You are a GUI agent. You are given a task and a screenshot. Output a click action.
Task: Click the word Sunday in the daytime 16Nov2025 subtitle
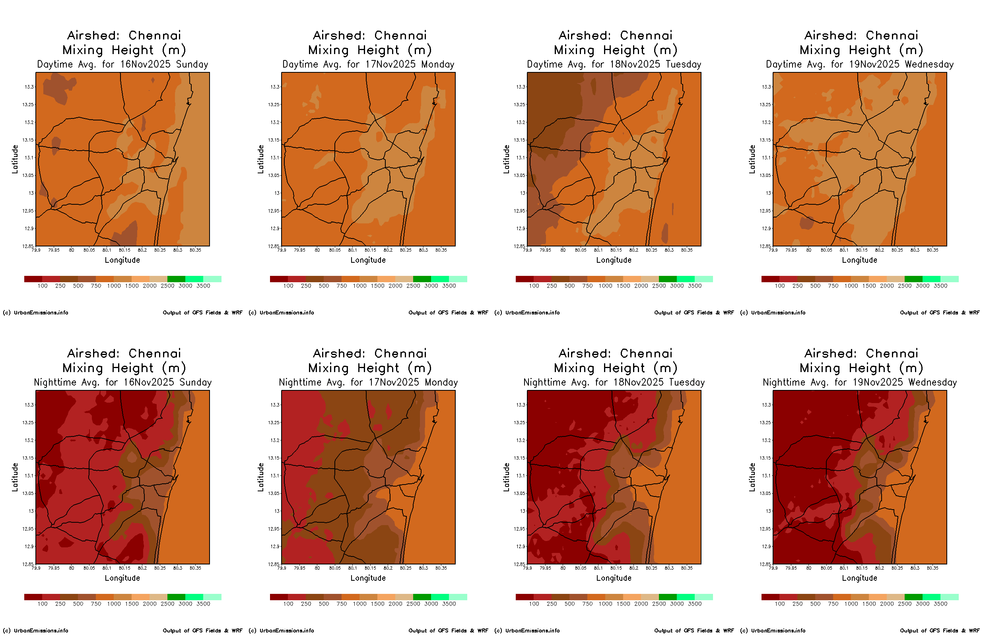point(192,64)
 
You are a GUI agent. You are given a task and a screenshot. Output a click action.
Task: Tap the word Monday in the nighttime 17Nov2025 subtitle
point(441,382)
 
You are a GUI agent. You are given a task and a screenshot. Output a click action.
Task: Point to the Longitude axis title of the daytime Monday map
point(368,260)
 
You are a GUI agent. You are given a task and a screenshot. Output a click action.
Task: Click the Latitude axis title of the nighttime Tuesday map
point(506,477)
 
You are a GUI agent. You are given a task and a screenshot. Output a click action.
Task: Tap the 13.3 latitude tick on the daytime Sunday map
point(29,87)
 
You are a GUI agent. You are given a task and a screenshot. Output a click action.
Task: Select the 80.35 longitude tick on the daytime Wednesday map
point(932,250)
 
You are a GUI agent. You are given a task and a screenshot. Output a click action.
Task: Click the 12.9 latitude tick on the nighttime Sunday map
point(29,547)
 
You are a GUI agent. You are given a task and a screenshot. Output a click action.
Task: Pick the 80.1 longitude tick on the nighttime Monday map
point(352,568)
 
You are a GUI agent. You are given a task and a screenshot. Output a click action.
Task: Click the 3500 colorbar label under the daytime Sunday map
point(203,286)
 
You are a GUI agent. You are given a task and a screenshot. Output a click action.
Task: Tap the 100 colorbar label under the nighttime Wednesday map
point(780,604)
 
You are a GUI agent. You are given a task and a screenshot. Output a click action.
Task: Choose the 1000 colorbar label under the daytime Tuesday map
point(606,286)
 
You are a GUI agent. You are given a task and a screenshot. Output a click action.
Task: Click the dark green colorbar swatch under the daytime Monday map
point(422,279)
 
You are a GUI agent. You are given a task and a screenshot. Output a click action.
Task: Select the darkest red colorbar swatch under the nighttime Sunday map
point(33,597)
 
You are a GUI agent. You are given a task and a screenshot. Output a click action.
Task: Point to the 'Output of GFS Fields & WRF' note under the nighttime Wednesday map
point(940,630)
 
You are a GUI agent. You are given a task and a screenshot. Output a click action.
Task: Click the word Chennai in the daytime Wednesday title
point(892,35)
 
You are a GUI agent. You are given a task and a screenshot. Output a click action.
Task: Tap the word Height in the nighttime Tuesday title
point(624,368)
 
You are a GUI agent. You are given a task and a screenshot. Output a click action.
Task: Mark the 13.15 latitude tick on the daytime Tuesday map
point(520,140)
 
